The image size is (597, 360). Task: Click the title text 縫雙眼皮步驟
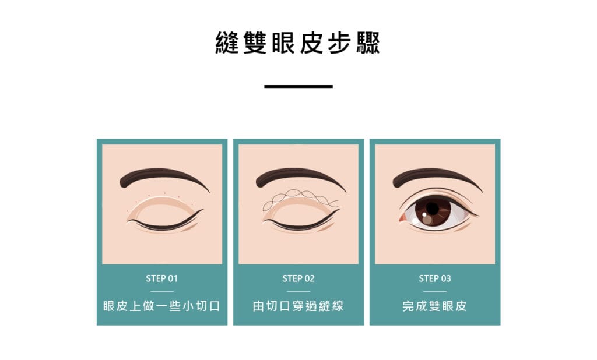(298, 43)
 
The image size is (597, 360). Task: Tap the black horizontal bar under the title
(298, 86)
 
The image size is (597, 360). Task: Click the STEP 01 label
(162, 278)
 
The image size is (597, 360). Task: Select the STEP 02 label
(298, 278)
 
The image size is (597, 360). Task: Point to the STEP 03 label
(435, 278)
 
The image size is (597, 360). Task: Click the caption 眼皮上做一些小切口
(162, 306)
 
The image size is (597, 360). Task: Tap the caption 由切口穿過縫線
(298, 306)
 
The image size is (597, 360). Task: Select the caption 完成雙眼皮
(434, 306)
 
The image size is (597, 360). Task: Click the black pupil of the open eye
(433, 208)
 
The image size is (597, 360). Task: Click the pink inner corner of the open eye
(402, 218)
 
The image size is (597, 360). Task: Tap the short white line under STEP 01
(162, 291)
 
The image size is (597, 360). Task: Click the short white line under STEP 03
(435, 291)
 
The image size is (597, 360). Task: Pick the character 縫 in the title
(227, 43)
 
